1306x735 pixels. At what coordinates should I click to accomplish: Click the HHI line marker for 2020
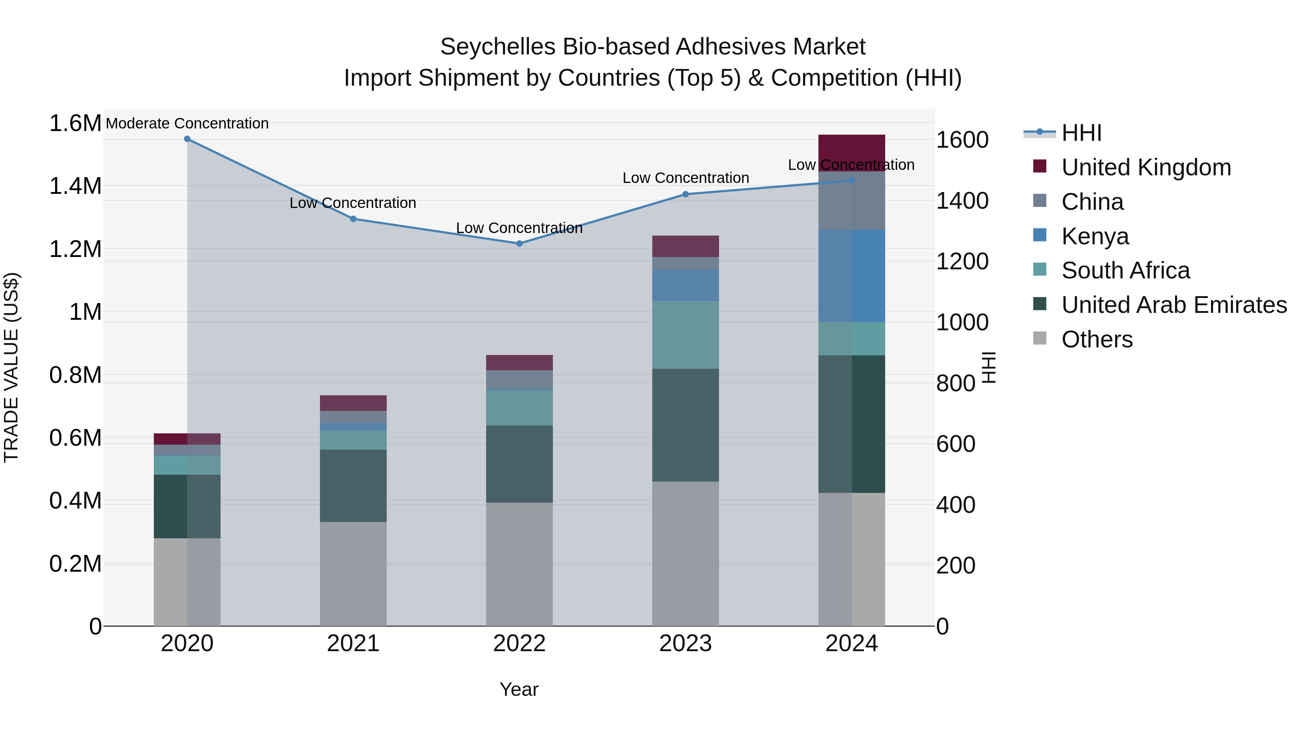pyautogui.click(x=187, y=139)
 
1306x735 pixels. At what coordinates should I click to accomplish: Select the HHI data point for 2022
pyautogui.click(x=519, y=244)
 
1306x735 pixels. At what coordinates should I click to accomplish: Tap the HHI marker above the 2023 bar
pyautogui.click(x=685, y=194)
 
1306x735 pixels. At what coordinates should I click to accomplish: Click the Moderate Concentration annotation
pyautogui.click(x=187, y=123)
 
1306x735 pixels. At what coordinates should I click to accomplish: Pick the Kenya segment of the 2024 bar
pyautogui.click(x=852, y=276)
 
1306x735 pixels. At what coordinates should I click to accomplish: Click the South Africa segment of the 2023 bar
pyautogui.click(x=685, y=335)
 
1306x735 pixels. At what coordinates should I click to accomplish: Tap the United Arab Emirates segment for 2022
pyautogui.click(x=519, y=464)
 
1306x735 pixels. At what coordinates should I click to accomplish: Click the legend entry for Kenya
pyautogui.click(x=1095, y=236)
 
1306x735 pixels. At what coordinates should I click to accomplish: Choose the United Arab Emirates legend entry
pyautogui.click(x=1174, y=305)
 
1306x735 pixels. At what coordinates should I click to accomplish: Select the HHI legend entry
pyautogui.click(x=1081, y=133)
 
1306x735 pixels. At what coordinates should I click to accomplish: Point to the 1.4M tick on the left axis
pyautogui.click(x=75, y=186)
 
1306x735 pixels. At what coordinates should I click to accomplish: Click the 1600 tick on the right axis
pyautogui.click(x=962, y=140)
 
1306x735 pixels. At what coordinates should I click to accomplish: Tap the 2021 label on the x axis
pyautogui.click(x=353, y=644)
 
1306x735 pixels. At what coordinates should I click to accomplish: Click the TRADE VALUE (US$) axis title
pyautogui.click(x=11, y=367)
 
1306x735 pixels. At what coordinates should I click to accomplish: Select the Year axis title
pyautogui.click(x=519, y=689)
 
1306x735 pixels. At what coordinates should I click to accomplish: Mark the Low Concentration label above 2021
pyautogui.click(x=353, y=203)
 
